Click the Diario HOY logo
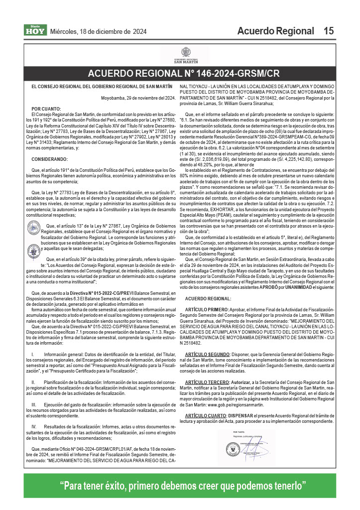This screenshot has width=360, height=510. (35, 31)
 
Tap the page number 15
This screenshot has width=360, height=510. (328, 31)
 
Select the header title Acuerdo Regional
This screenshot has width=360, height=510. (275, 31)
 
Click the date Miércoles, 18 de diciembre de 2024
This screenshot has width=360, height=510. (99, 31)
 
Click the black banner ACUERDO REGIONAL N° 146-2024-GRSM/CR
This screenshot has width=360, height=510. (184, 74)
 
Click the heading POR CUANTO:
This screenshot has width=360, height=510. (46, 109)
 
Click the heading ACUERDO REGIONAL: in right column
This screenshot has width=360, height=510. (208, 298)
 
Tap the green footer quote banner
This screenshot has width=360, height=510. (182, 486)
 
